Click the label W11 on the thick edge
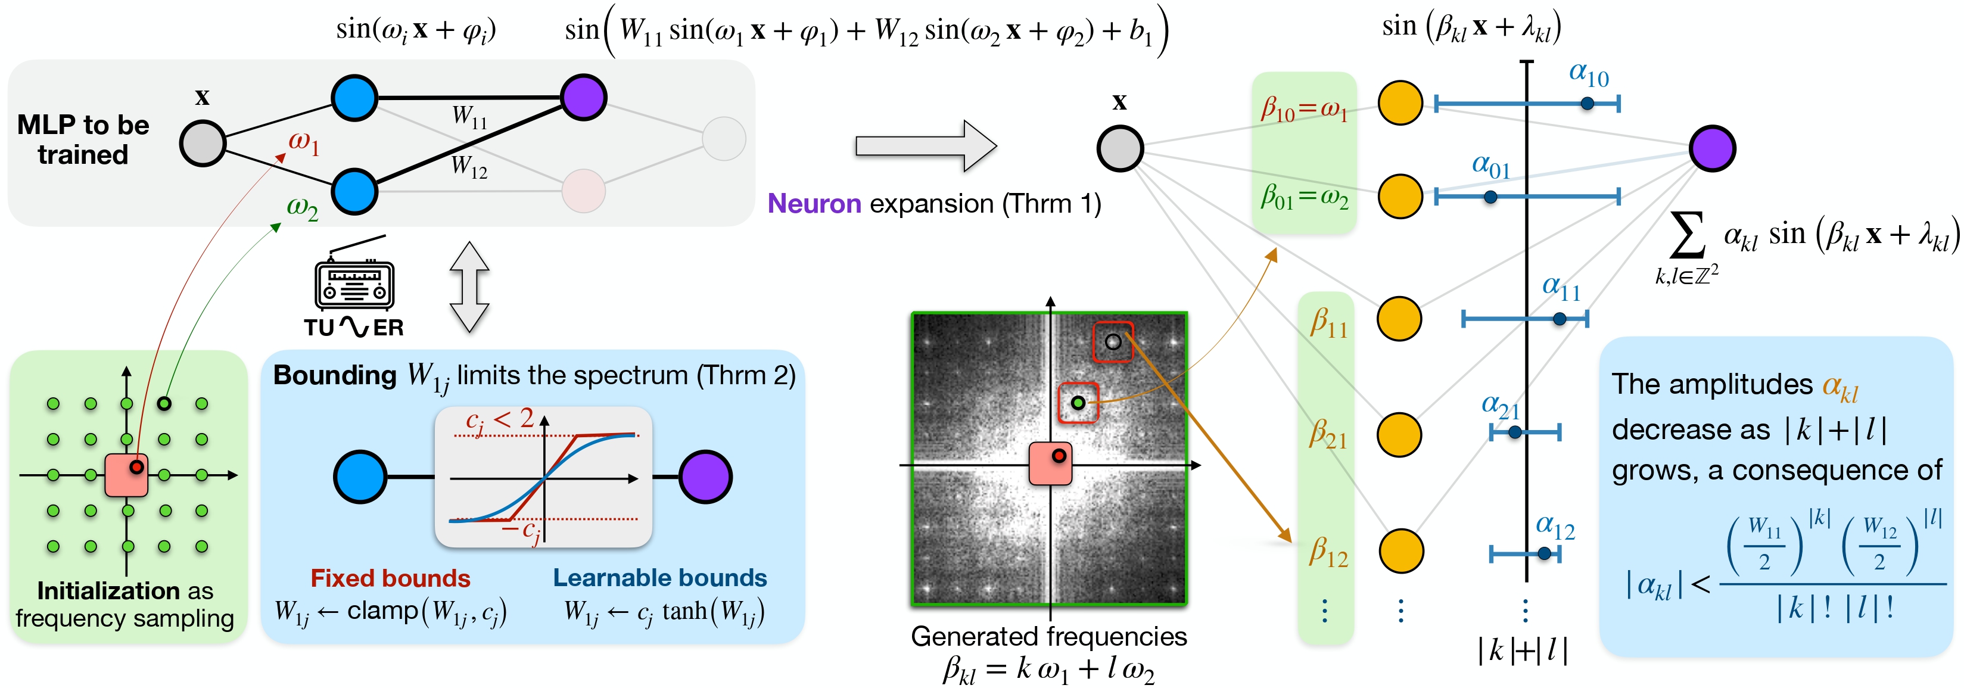[x=469, y=117]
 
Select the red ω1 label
[x=303, y=142]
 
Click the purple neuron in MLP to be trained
[x=583, y=97]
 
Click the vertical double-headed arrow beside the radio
[x=469, y=287]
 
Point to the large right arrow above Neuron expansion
[x=926, y=146]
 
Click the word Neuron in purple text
[x=814, y=204]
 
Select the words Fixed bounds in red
[x=390, y=578]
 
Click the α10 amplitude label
[x=1588, y=74]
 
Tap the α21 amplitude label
[x=1500, y=406]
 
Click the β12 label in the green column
[x=1328, y=551]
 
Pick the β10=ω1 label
[x=1304, y=109]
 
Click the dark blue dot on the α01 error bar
[x=1490, y=197]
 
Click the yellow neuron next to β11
[x=1400, y=319]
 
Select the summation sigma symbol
[x=1686, y=234]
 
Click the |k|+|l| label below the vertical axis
[x=1523, y=650]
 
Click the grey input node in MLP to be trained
[x=202, y=142]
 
